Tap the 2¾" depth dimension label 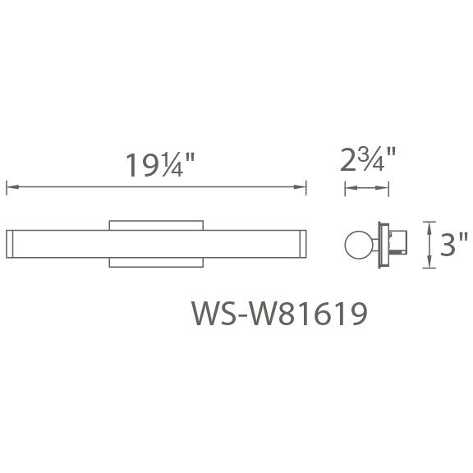point(368,158)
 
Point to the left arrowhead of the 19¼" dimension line point(10,189)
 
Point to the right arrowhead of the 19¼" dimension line point(303,189)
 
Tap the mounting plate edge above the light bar point(156,223)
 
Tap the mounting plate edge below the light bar point(156,263)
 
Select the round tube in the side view point(357,245)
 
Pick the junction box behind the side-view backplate point(399,244)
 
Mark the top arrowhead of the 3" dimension point(428,223)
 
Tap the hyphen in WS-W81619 point(241,315)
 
